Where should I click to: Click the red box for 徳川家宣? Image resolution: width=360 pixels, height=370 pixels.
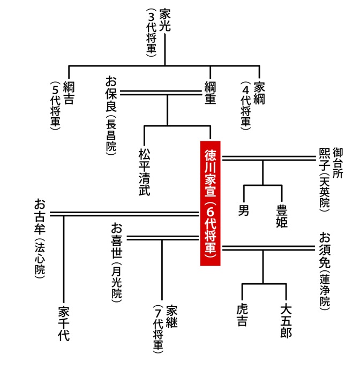(210, 203)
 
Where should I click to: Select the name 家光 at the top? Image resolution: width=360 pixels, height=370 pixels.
(165, 20)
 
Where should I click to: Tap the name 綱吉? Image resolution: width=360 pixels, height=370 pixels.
(69, 93)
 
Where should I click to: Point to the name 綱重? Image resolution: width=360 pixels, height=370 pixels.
(210, 93)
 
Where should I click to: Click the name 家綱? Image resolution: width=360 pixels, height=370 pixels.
(259, 93)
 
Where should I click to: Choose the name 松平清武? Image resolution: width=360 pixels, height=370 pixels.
(144, 172)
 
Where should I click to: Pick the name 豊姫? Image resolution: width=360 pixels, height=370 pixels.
(282, 216)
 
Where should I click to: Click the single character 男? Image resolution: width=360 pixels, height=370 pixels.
(244, 210)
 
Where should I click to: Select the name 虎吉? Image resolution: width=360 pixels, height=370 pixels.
(242, 315)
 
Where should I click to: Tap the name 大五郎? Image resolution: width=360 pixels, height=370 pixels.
(286, 321)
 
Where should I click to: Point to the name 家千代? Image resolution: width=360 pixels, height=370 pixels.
(64, 323)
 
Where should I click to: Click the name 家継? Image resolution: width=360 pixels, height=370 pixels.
(171, 316)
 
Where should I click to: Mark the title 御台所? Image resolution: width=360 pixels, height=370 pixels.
(337, 163)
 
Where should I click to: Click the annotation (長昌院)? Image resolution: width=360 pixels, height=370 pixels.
(111, 135)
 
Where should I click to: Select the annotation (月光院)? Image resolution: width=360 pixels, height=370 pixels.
(116, 283)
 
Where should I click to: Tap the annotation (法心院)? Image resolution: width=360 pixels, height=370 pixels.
(40, 259)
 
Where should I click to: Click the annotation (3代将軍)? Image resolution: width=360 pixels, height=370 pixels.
(151, 33)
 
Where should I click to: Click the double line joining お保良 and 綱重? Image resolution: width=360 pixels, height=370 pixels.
(161, 93)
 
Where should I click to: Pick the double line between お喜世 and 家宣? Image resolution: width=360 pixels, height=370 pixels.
(163, 238)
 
